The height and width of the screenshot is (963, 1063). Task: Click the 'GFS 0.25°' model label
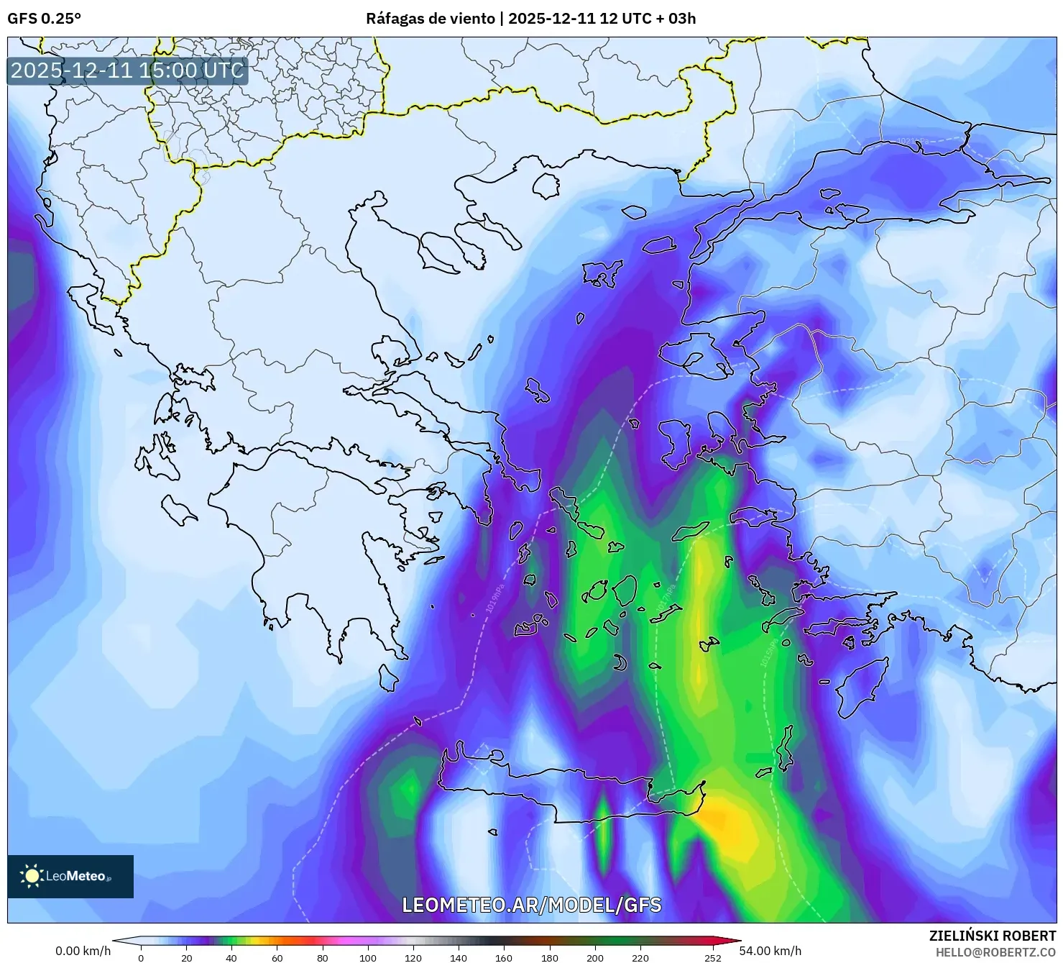[x=44, y=19]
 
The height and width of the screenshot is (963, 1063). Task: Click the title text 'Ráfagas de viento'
[x=431, y=19]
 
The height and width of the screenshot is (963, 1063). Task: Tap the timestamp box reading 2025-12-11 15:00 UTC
[x=127, y=70]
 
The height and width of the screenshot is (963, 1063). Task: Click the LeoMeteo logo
[x=70, y=876]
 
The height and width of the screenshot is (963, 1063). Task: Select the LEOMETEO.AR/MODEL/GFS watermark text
[x=531, y=905]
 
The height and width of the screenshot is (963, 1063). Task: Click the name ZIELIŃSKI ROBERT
[x=993, y=936]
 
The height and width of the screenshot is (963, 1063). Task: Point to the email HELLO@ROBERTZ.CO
[x=995, y=951]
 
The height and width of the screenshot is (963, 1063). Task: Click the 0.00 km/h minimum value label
[x=83, y=951]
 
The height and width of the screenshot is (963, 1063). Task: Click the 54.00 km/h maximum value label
[x=770, y=951]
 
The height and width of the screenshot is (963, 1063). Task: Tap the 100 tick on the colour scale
[x=367, y=957]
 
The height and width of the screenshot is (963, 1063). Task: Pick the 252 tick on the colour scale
[x=712, y=957]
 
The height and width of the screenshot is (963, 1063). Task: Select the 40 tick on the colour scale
[x=231, y=957]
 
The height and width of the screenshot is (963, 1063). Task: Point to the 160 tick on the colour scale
[x=504, y=957]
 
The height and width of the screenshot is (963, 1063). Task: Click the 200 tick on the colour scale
[x=594, y=957]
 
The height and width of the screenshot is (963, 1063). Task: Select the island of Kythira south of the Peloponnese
[x=388, y=677]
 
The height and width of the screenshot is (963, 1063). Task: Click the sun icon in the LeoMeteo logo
[x=32, y=876]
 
